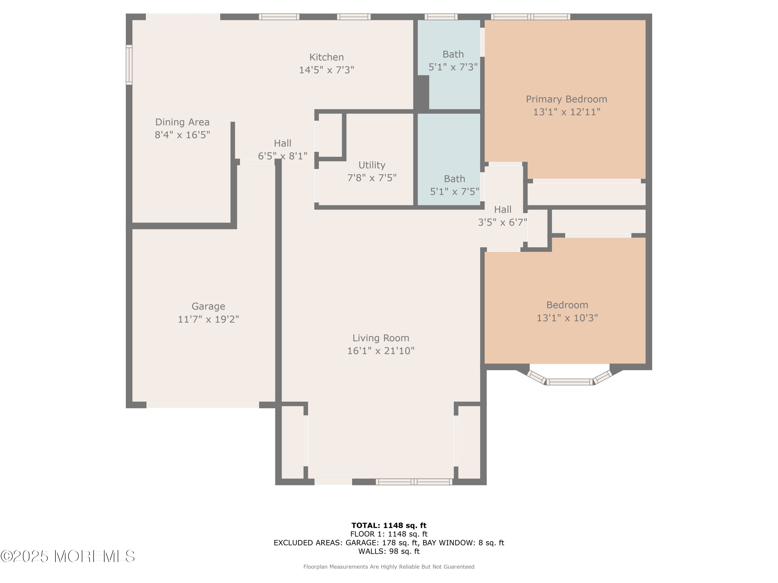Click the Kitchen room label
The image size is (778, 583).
[327, 57]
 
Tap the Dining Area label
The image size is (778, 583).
[182, 122]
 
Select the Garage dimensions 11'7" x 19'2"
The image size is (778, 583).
[208, 319]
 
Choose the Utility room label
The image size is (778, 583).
[372, 165]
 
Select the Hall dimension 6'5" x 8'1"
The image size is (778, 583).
[282, 156]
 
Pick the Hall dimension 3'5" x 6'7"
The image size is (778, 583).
[502, 222]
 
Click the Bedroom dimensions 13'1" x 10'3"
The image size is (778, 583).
[567, 318]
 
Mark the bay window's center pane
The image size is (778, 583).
[569, 382]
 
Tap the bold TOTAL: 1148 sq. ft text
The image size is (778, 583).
[389, 525]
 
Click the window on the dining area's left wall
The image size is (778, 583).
[129, 65]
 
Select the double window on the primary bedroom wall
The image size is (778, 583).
[530, 17]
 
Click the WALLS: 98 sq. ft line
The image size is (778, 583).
[389, 551]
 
